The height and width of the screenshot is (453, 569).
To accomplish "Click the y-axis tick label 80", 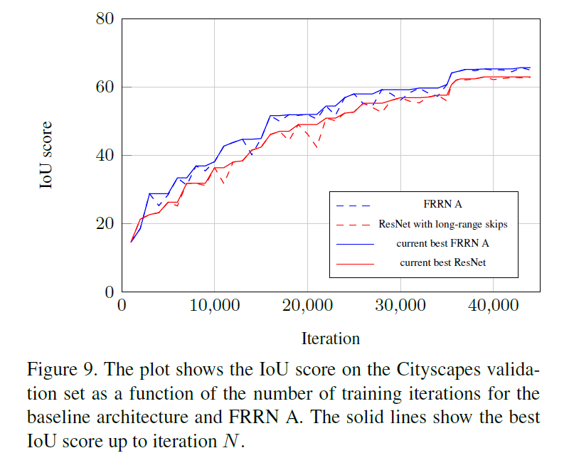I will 105,18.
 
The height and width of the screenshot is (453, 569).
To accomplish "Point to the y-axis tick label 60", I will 105,87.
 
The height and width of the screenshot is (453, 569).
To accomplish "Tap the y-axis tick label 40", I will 105,155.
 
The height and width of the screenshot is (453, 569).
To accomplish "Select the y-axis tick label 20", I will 105,223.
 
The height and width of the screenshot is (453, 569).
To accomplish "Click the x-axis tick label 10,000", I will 214,307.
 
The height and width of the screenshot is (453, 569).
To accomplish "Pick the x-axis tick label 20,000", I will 307,307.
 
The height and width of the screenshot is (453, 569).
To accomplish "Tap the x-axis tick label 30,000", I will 400,307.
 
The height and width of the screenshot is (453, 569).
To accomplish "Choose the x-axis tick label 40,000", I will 494,307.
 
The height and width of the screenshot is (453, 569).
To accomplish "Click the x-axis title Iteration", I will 331,338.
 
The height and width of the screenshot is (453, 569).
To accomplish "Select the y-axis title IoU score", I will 46,155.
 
